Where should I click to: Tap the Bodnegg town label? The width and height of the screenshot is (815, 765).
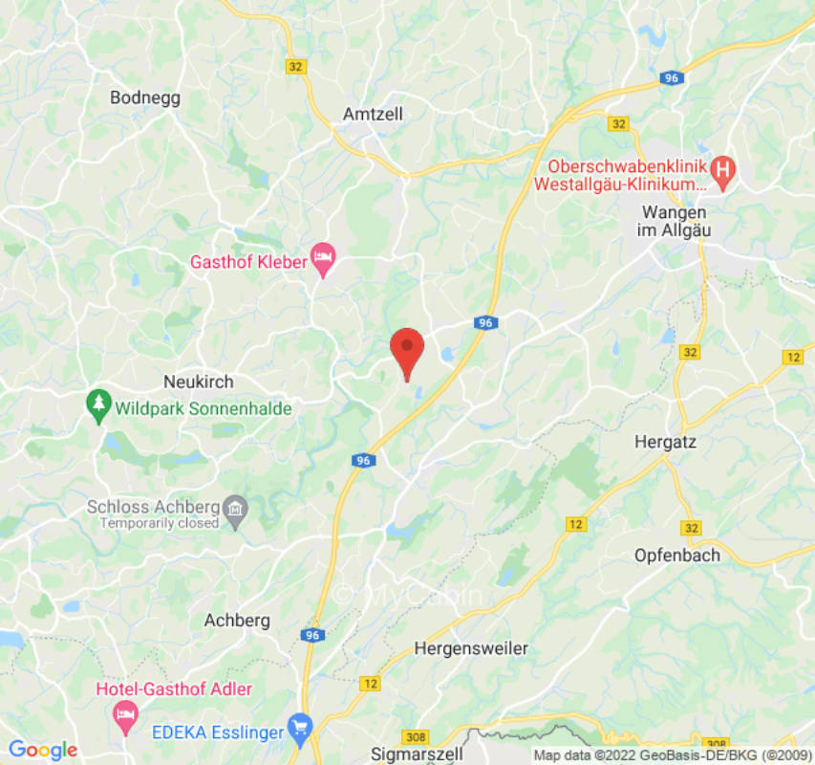tap(145, 98)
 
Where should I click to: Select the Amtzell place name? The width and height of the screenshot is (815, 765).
tap(373, 114)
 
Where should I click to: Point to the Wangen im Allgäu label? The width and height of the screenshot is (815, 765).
tap(675, 221)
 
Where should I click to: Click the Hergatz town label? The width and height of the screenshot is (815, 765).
tap(666, 442)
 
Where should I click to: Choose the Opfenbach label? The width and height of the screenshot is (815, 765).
tap(677, 555)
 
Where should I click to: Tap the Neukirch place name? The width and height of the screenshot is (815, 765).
tap(199, 382)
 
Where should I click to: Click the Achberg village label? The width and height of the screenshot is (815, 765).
tap(237, 621)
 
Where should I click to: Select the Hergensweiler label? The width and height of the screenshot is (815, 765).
tap(471, 648)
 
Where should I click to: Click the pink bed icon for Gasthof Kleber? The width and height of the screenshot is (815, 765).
tap(323, 259)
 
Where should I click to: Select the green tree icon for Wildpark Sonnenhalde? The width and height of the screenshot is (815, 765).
tap(97, 407)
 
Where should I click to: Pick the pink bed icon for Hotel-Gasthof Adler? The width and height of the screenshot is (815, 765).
tap(125, 712)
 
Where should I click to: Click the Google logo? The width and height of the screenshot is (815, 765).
tap(42, 750)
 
